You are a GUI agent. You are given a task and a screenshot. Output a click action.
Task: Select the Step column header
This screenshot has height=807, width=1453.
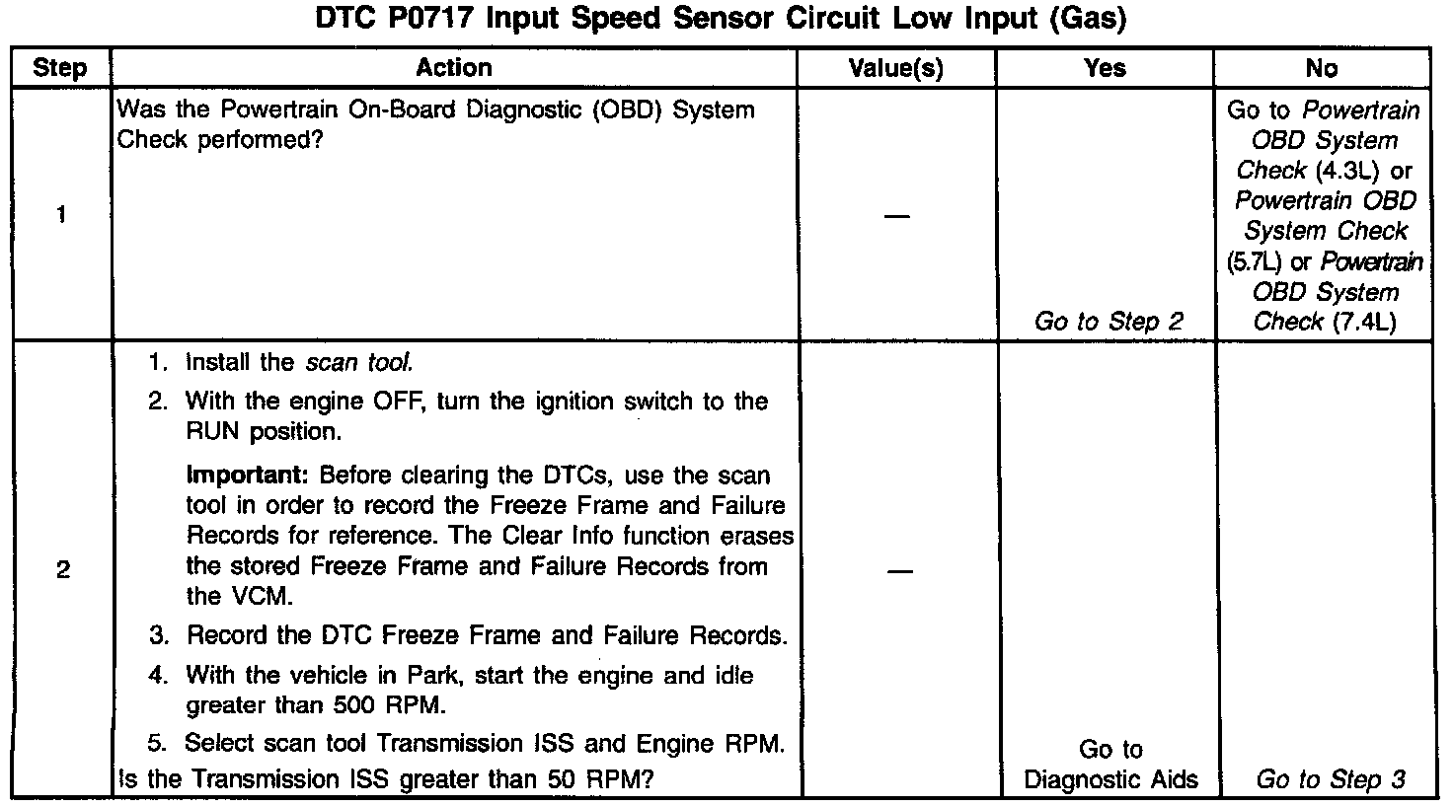pos(60,68)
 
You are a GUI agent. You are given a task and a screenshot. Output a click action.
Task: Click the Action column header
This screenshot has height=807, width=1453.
pos(453,67)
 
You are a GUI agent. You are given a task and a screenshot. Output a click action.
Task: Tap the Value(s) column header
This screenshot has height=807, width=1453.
pos(896,68)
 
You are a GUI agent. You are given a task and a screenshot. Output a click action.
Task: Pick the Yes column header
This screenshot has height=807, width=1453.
pos(1105,67)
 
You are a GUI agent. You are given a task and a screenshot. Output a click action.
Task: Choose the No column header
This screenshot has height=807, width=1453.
pos(1321,67)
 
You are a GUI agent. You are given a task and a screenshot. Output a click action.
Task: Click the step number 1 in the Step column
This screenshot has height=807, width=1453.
pos(61,214)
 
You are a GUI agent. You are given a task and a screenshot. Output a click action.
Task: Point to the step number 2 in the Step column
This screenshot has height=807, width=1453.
pos(62,570)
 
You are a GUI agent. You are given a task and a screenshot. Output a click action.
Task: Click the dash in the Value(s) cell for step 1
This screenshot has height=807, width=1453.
pos(896,216)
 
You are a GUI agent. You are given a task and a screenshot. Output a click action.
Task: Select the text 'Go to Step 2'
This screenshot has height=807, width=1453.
pos(1108,322)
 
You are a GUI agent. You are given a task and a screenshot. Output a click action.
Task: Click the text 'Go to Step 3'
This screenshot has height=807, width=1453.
pos(1330,779)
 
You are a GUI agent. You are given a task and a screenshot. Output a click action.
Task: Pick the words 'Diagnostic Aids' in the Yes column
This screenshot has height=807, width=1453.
pos(1110,779)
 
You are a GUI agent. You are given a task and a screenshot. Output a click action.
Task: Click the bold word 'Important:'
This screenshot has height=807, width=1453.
pos(248,475)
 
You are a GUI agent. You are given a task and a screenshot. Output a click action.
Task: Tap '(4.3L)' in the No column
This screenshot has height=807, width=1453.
pos(1346,171)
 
